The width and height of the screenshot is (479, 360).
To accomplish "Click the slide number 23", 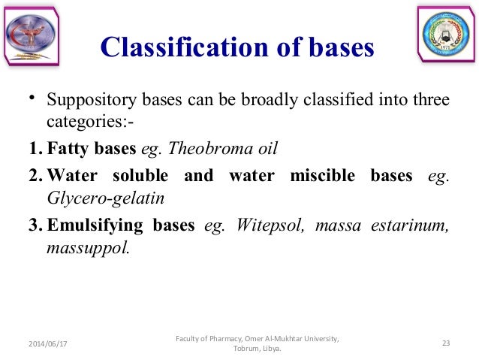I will pos(446,343).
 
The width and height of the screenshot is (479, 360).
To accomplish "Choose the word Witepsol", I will pos(268,226).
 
